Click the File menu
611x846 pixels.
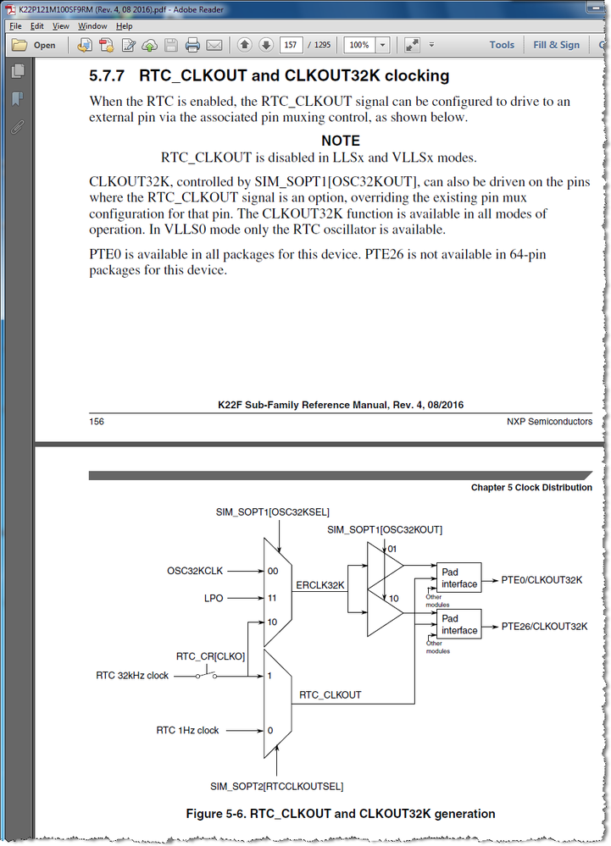[x=15, y=26]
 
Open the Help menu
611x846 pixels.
[x=125, y=26]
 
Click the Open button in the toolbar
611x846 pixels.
[x=35, y=46]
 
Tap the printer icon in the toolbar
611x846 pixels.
[x=192, y=46]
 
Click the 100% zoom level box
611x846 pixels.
[x=359, y=46]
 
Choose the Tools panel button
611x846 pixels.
[x=501, y=46]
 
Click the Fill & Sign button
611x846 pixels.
[x=556, y=46]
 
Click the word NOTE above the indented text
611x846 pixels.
[x=341, y=141]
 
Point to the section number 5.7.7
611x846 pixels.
[x=108, y=76]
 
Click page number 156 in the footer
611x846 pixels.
[x=97, y=421]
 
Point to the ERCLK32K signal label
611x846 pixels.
[x=319, y=585]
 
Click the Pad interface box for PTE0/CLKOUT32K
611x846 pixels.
[x=458, y=578]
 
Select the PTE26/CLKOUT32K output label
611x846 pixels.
[x=544, y=627]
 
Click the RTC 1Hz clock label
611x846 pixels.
[x=187, y=730]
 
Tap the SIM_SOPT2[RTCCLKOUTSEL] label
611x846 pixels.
[x=277, y=787]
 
